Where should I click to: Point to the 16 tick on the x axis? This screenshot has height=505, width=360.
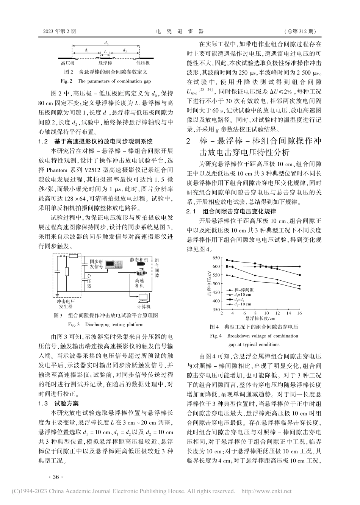coord(300,313)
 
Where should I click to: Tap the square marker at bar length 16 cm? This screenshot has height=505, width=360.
coord(300,275)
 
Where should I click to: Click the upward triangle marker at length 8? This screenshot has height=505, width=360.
coord(255,281)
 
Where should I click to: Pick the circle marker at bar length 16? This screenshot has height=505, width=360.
coord(300,266)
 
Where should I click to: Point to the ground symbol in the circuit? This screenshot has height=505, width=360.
coord(57,294)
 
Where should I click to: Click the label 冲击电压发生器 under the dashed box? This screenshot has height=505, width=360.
coord(67,304)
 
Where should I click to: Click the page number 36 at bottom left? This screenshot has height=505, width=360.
coord(55,477)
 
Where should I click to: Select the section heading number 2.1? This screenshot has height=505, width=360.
coord(194,211)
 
